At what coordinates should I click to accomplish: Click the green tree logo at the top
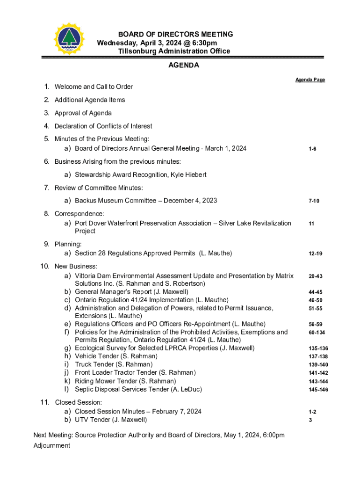[70, 39]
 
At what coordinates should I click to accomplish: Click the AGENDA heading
[184, 65]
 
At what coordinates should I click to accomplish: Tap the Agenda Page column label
[310, 80]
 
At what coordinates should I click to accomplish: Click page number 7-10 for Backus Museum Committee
[314, 201]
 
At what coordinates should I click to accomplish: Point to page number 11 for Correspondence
[311, 224]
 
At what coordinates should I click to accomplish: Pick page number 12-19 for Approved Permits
[315, 254]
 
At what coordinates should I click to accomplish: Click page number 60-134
[317, 333]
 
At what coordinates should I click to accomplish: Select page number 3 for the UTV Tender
[310, 420]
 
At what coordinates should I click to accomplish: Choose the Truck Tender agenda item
[114, 364]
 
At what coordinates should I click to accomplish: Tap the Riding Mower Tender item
[125, 381]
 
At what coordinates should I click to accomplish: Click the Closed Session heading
[79, 402]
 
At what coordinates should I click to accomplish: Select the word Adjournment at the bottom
[51, 445]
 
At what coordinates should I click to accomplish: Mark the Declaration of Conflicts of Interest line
[103, 126]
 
